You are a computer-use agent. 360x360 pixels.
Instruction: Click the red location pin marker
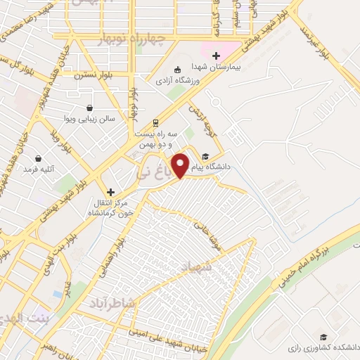(181, 165)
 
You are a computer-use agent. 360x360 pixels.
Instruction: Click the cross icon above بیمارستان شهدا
(217, 56)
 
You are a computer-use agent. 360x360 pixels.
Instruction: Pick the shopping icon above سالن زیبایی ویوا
(91, 108)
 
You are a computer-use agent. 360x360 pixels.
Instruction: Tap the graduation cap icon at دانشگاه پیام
(205, 156)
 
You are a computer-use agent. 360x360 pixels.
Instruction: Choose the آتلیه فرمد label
(38, 169)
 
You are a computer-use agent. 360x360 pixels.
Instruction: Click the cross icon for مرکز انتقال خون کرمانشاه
(110, 191)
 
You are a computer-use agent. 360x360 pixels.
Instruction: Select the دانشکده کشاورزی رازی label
(322, 347)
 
